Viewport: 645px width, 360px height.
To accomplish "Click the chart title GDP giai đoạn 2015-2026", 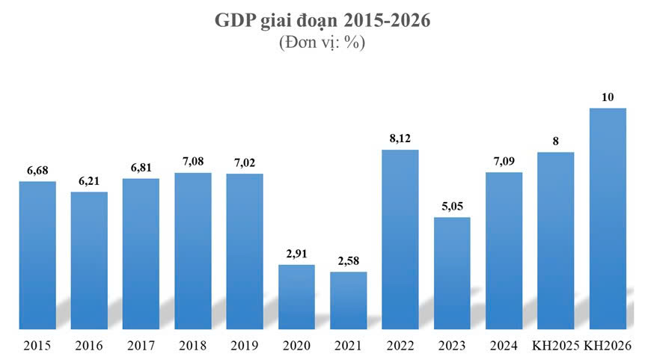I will click(x=322, y=21).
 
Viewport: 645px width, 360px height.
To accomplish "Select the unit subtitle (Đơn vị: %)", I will click(x=322, y=43).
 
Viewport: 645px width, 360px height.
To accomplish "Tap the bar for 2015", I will click(x=37, y=254).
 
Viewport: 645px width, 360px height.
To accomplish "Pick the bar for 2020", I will click(x=297, y=296).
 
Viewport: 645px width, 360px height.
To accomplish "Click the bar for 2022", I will click(x=400, y=240).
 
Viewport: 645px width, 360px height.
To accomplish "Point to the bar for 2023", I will click(x=452, y=273).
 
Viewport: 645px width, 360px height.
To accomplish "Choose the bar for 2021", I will click(x=349, y=300).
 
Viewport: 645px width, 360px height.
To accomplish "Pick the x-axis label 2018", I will click(x=193, y=346).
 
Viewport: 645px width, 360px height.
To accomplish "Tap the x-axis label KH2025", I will click(x=555, y=346).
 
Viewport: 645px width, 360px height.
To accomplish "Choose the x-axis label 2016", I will click(x=89, y=346).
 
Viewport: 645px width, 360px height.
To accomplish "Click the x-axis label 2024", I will click(x=504, y=346).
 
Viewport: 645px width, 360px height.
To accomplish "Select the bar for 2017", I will click(x=141, y=254).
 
